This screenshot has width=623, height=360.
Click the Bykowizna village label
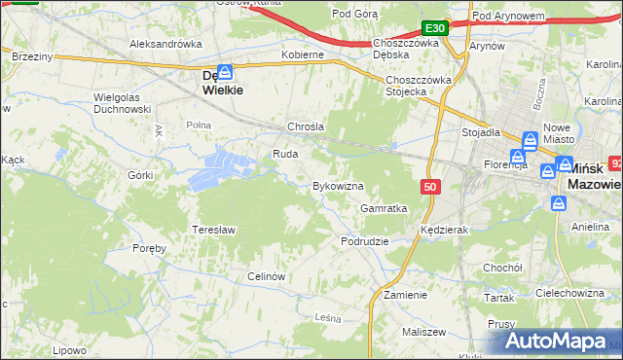337,186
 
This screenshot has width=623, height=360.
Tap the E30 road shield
435,29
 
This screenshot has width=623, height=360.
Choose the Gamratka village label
384,208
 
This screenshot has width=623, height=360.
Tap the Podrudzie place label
365,241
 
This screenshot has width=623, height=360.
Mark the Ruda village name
284,154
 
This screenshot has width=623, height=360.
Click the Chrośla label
305,126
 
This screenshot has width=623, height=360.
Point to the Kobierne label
302,55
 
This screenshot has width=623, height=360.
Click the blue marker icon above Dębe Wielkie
225,72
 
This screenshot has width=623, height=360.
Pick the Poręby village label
150,248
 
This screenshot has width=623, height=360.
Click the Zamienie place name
405,295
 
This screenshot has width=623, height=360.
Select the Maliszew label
422,333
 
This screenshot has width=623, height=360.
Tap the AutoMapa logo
557,341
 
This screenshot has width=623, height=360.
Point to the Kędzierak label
446,231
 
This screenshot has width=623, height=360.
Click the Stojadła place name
481,132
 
